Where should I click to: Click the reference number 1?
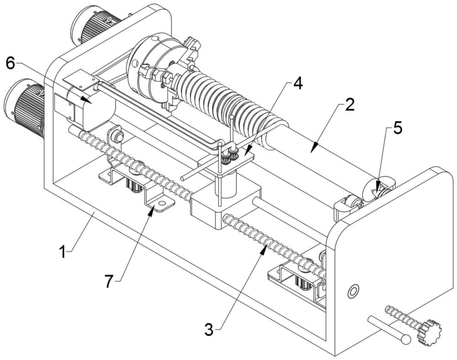(62, 252)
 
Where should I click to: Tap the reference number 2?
(350, 105)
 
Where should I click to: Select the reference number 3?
(209, 329)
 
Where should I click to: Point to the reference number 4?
(298, 84)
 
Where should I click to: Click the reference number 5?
(398, 128)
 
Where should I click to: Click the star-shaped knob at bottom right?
(429, 332)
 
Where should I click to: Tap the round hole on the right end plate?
(353, 290)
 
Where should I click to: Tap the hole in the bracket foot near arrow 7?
(162, 203)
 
